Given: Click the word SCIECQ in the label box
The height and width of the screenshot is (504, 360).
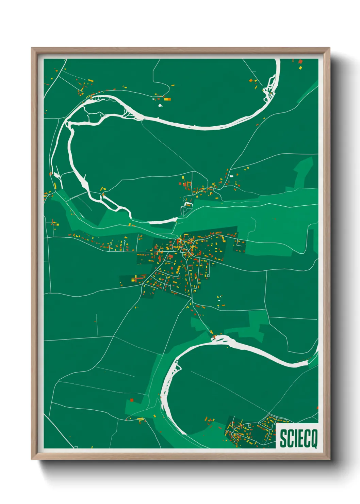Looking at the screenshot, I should coord(298,438).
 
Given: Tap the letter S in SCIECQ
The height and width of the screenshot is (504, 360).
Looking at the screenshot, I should coord(283,438).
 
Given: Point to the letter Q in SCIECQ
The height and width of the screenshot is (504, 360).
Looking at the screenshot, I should coord(314,438).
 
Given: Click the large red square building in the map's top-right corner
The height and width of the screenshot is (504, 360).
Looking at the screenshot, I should coord(300,62).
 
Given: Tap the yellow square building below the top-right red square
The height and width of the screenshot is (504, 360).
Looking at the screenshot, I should coord(300,67).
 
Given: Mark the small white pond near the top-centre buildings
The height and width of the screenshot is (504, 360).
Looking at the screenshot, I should coord(160,105).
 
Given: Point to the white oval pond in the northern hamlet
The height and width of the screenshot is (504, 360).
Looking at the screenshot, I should coord(232,176).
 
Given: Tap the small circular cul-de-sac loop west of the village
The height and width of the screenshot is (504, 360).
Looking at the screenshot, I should coord(125,241).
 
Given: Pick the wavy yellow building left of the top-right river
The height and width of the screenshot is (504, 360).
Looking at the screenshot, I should coord(255,87).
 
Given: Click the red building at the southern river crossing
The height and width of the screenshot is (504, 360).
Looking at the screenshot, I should coord(214,337).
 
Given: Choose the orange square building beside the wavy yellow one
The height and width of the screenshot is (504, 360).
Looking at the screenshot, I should coord(251,81).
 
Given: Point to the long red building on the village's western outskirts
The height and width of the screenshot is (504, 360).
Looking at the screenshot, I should coord(139,279).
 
